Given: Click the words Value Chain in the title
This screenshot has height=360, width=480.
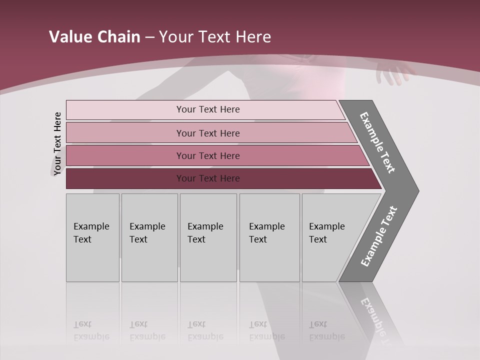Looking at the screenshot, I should point(94,36).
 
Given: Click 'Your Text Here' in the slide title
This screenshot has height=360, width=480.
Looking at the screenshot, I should point(214,36).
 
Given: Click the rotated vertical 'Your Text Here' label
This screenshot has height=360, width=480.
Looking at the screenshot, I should point(57,143).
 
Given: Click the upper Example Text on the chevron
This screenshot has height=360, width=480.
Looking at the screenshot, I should point(377,142).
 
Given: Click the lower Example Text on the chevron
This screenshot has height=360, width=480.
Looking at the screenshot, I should point(379,236).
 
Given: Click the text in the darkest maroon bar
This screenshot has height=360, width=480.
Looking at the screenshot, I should point(208,178).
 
